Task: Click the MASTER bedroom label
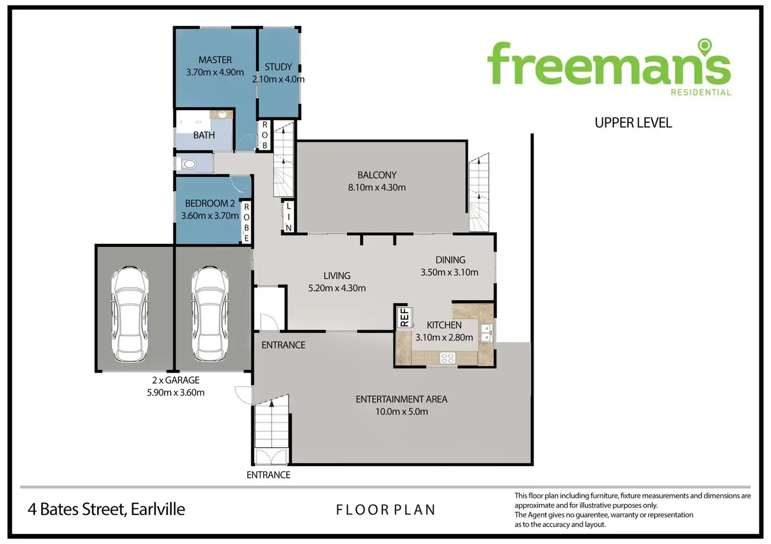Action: pyautogui.click(x=215, y=60)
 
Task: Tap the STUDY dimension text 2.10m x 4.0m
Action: pyautogui.click(x=278, y=79)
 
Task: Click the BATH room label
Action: pyautogui.click(x=204, y=135)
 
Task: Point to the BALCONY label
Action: pyautogui.click(x=377, y=175)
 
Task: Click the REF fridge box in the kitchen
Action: pyautogui.click(x=405, y=317)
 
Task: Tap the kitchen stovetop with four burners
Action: pyautogui.click(x=447, y=358)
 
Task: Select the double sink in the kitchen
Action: pyautogui.click(x=486, y=333)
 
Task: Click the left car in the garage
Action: pyautogui.click(x=130, y=314)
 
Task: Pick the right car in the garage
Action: pyautogui.click(x=210, y=314)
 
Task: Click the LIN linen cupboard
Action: pyautogui.click(x=289, y=217)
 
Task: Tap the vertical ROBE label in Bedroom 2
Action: pyautogui.click(x=247, y=223)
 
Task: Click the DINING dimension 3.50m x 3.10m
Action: pyautogui.click(x=449, y=272)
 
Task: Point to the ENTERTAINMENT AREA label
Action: pyautogui.click(x=401, y=399)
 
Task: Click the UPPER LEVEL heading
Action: pyautogui.click(x=633, y=123)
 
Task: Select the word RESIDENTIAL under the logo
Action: pyautogui.click(x=701, y=92)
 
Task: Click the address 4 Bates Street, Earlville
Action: pyautogui.click(x=106, y=509)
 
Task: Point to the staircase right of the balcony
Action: pyautogui.click(x=479, y=192)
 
